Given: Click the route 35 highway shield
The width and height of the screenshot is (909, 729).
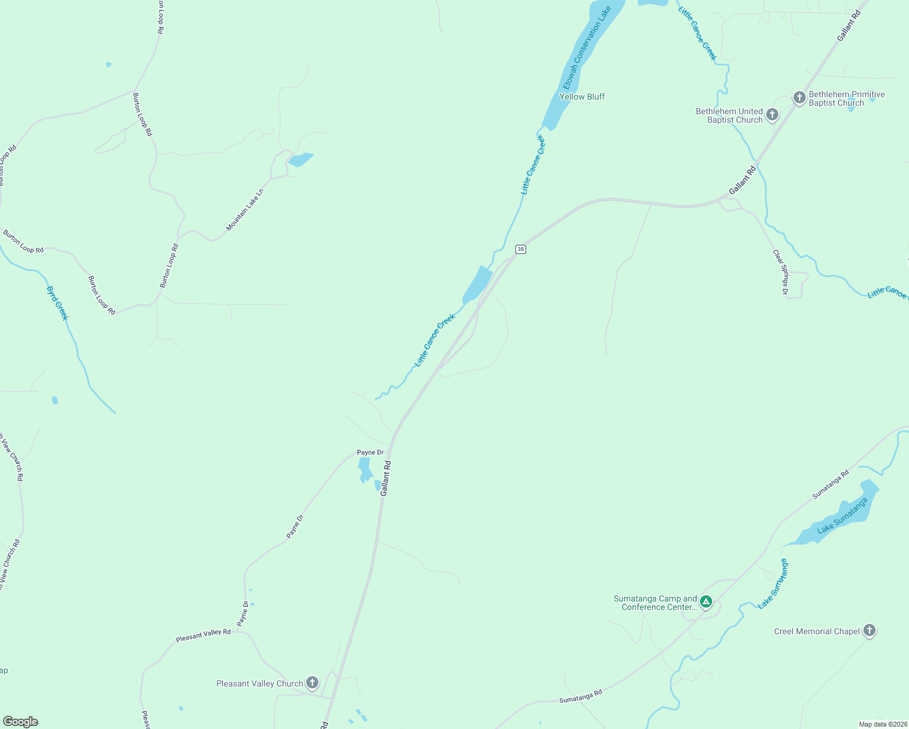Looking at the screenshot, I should point(520,249).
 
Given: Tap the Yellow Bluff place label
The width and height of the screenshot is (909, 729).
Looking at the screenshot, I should point(581,97).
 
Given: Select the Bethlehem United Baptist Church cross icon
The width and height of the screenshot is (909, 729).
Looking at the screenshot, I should point(772,114).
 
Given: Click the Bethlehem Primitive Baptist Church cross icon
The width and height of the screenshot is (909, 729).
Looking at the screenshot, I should point(799,97).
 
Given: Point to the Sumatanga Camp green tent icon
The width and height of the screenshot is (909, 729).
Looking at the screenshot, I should point(705,602).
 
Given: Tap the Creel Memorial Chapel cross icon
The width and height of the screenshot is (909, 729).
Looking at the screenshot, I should point(870,631).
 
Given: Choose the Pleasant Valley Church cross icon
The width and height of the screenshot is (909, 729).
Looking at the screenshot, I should point(312,683).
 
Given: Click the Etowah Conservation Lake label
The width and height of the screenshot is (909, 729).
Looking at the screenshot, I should point(586,49).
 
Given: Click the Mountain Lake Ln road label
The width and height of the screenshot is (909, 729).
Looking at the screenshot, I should point(245,210).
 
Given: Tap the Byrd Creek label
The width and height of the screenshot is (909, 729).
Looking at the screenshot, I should point(58,303).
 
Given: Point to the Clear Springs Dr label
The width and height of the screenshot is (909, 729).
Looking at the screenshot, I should point(780,272).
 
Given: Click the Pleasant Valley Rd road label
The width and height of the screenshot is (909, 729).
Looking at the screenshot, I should point(203,635).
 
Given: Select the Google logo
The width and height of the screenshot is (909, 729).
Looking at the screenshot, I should point(21,722).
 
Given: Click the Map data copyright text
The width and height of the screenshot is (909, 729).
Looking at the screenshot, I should point(883,724).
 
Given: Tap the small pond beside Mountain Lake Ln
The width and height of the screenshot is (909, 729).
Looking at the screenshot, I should point(300,159).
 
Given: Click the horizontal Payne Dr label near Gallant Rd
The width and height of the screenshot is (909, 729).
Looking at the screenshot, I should point(370,453).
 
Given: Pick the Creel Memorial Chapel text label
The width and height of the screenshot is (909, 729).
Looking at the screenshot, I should point(817,631).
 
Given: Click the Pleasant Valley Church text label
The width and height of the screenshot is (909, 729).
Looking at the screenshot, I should point(259,683).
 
